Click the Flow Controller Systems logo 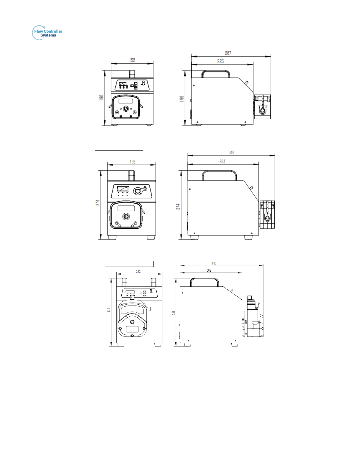click(47, 33)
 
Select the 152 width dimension click(132, 60)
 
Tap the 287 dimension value click(228, 53)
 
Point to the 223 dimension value click(220, 61)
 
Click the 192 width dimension click(133, 162)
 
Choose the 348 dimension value click(231, 152)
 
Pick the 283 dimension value click(222, 161)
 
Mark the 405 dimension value click(214, 263)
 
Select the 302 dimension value click(209, 270)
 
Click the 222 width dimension click(139, 271)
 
